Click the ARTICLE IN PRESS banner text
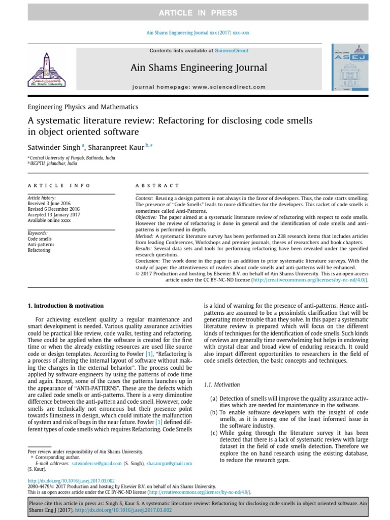click(194, 12)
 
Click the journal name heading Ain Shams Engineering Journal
click(199, 68)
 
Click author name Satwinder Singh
click(53, 148)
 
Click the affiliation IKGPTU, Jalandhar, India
click(53, 164)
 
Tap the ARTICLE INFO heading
click(58, 186)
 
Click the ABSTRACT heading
click(157, 186)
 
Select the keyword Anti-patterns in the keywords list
click(41, 244)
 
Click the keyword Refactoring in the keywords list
click(39, 250)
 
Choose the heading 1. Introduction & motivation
click(65, 306)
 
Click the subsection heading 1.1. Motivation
click(222, 385)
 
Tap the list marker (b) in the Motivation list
click(214, 412)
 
